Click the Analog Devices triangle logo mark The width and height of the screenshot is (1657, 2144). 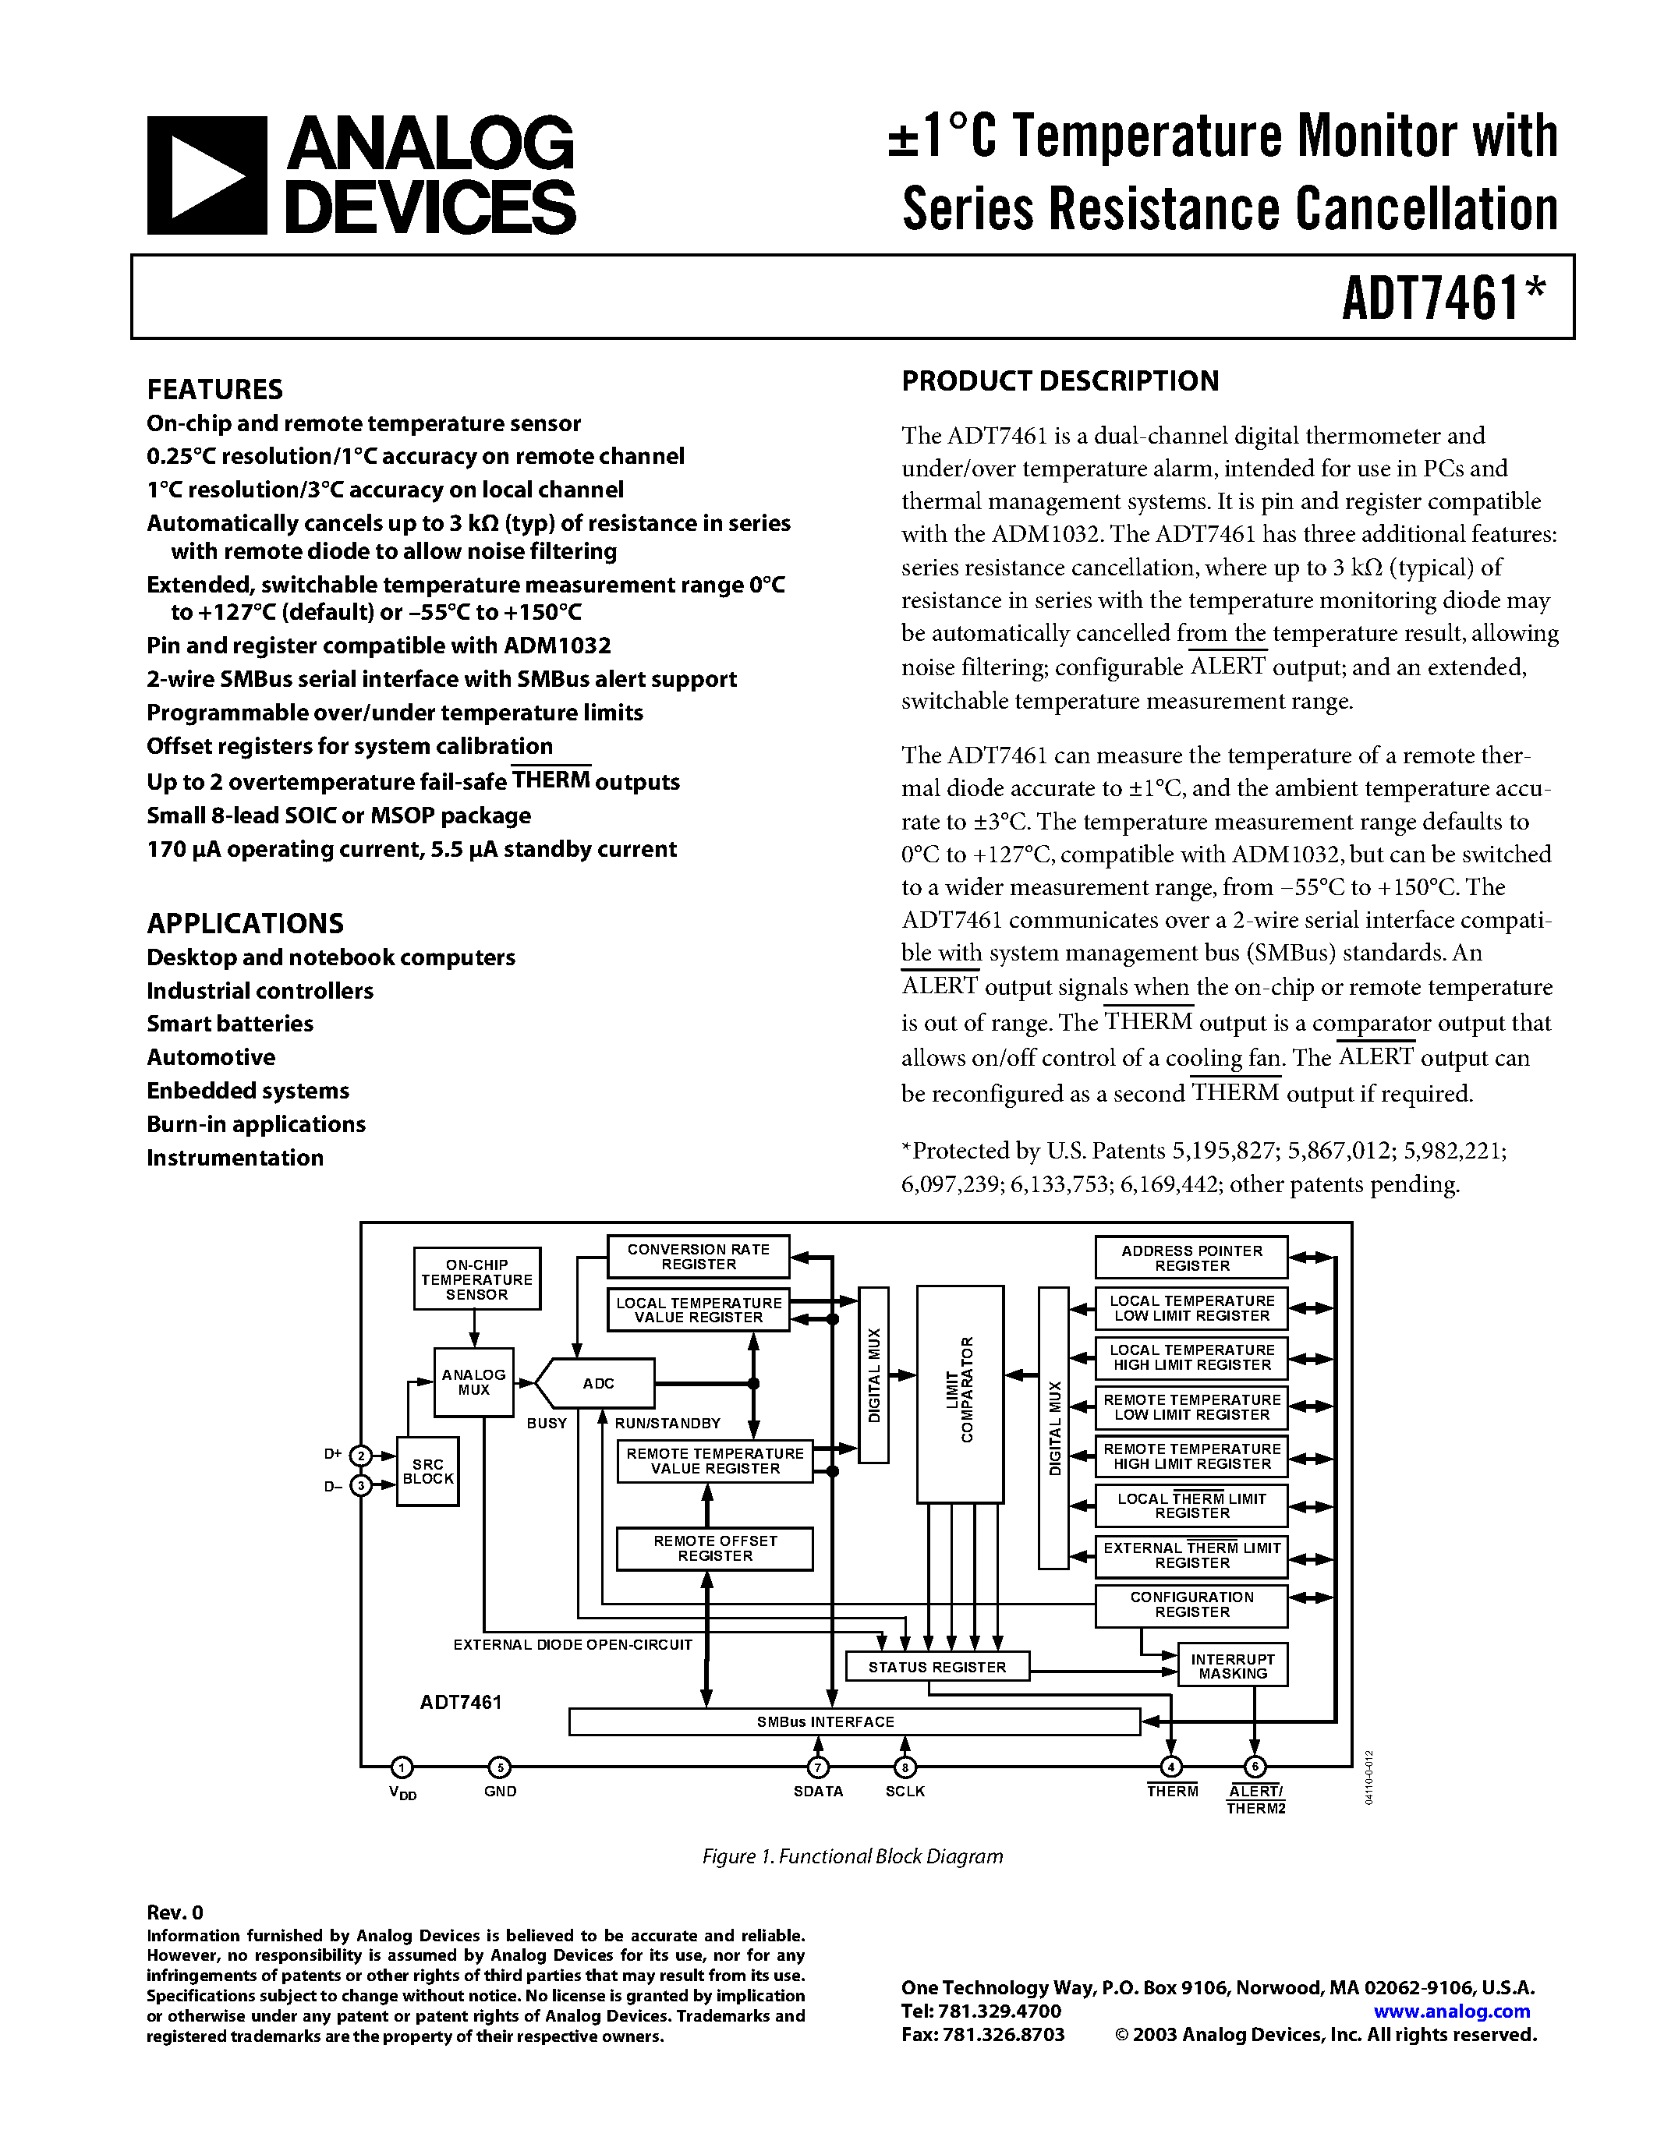click(206, 175)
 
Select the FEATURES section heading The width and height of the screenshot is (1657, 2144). click(215, 390)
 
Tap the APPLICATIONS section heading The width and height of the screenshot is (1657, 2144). click(246, 924)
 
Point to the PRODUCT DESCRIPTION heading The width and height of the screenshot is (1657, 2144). click(1060, 381)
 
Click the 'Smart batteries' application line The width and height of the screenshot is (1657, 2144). click(230, 1024)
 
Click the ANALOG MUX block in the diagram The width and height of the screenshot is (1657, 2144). click(474, 1382)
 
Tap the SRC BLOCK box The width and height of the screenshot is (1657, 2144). click(428, 1471)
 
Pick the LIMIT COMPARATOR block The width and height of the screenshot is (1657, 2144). click(960, 1394)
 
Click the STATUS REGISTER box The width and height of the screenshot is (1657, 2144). click(937, 1667)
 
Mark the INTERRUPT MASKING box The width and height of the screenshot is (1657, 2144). click(1233, 1666)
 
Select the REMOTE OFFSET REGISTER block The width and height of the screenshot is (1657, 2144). click(714, 1548)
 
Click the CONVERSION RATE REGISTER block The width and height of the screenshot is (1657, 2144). click(698, 1257)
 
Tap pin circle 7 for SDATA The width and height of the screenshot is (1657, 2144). click(818, 1767)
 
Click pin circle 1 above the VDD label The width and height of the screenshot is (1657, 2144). click(402, 1767)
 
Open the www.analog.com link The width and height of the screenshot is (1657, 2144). click(1452, 2011)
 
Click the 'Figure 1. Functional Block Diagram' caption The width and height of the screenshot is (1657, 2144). click(852, 1856)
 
